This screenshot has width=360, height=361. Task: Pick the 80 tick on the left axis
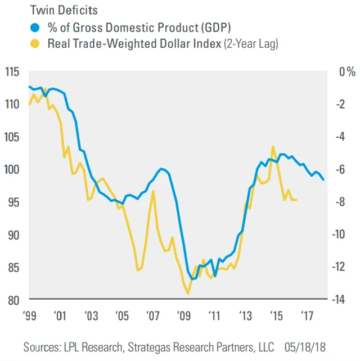point(12,299)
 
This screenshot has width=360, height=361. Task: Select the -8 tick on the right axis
point(341,202)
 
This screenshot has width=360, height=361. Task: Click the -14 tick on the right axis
point(341,299)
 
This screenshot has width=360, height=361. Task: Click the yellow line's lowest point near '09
point(187,294)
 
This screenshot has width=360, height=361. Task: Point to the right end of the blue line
point(323,179)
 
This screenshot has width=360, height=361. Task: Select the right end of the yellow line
point(296,200)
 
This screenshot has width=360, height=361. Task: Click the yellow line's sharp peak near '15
point(273,147)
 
